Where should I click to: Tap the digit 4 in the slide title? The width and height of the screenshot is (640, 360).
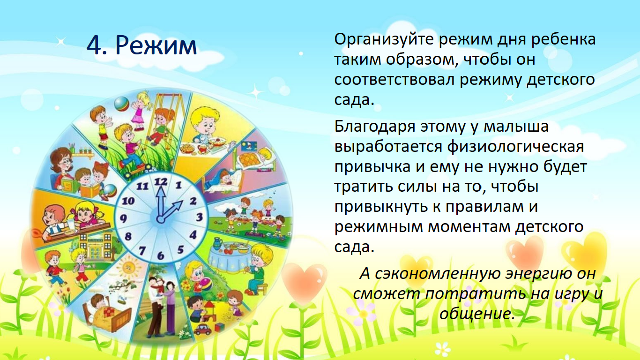pyautogui.click(x=95, y=45)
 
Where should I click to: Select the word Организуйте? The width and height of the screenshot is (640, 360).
pyautogui.click(x=384, y=40)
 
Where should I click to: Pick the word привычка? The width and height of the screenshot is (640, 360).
pyautogui.click(x=372, y=167)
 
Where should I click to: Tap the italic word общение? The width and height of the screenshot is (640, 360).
pyautogui.click(x=476, y=314)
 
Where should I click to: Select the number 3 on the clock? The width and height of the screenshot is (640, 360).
pyautogui.click(x=199, y=217)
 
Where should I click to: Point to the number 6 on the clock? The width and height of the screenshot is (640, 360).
pyautogui.click(x=161, y=255)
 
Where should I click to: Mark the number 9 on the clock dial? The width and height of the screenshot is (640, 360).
pyautogui.click(x=123, y=219)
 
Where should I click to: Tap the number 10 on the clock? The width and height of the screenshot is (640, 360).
pyautogui.click(x=128, y=201)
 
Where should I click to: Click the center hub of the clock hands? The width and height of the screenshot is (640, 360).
pyautogui.click(x=161, y=219)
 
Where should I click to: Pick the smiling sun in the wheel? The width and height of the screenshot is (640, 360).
pyautogui.click(x=127, y=268)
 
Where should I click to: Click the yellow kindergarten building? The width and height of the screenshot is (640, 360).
pyautogui.click(x=96, y=246)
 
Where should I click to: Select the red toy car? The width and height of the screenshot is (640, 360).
pyautogui.click(x=202, y=330)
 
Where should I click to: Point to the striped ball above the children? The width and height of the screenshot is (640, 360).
pyautogui.click(x=122, y=104)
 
